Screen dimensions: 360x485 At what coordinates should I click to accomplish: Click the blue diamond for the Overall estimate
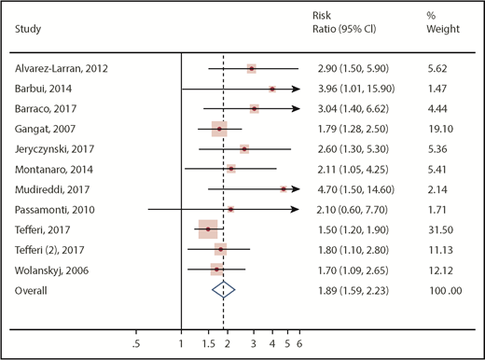(x=221, y=290)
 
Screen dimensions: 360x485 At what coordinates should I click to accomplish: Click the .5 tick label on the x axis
(x=136, y=344)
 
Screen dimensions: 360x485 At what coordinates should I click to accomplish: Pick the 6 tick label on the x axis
(x=298, y=344)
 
